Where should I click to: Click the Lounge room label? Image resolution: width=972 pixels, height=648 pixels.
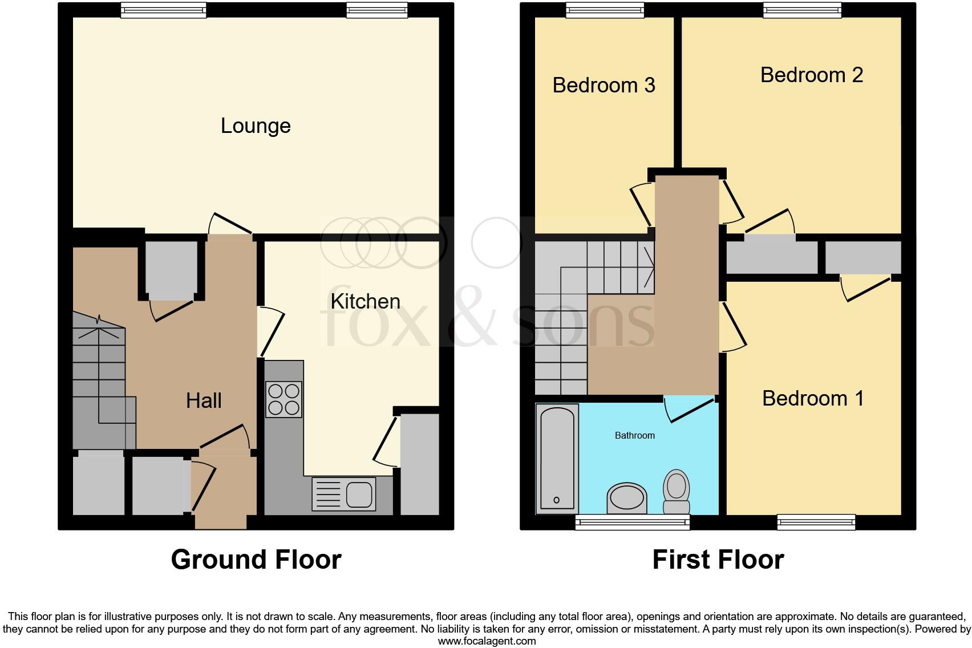(256, 126)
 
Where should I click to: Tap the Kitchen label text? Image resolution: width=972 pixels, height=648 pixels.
(365, 301)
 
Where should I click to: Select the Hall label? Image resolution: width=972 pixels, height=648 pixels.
(204, 400)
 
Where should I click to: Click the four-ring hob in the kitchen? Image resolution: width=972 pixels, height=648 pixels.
(283, 399)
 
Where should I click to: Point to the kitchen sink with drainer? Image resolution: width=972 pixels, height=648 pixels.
(343, 493)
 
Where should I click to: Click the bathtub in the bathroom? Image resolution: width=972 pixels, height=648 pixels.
(557, 459)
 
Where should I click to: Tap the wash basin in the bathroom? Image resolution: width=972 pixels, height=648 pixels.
(627, 499)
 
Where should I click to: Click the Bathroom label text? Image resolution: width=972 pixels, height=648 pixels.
(634, 435)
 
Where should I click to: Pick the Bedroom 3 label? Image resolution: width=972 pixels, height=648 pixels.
(604, 85)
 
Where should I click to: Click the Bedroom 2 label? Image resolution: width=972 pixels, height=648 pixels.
(811, 75)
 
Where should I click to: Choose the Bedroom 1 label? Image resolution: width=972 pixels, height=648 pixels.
(813, 398)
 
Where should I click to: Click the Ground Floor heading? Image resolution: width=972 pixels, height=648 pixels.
(256, 560)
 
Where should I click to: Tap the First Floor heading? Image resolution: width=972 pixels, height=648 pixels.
(718, 560)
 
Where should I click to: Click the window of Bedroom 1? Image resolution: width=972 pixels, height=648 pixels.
(816, 521)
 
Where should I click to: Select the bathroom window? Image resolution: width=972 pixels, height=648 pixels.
(632, 521)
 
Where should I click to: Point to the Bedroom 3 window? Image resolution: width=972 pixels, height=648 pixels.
(605, 9)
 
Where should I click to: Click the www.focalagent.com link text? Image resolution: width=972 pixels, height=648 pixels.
(487, 641)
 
